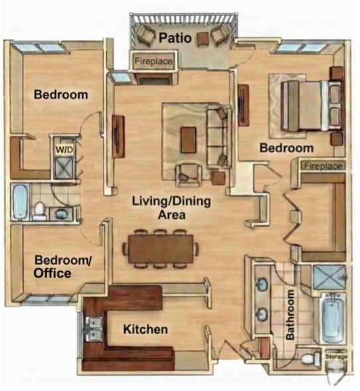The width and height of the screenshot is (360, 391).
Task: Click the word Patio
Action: point(175,38)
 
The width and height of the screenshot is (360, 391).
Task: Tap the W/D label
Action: point(64,150)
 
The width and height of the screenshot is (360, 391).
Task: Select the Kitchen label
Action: point(145,329)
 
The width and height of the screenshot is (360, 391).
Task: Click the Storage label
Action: point(336,356)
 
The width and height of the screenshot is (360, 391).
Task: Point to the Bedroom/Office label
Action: point(63,267)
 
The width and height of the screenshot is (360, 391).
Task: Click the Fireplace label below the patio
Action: point(153,61)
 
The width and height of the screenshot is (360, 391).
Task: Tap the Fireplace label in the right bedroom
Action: point(323,166)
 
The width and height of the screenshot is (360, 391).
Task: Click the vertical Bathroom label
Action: point(290,315)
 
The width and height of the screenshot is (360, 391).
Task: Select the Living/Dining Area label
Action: point(171,207)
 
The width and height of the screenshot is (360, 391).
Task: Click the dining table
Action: point(161,249)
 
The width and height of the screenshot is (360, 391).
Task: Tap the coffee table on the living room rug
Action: point(189,140)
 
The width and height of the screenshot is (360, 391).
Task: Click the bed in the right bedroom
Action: point(312,106)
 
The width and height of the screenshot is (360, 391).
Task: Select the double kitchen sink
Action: point(94,328)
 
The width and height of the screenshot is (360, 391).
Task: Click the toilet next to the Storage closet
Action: point(311,358)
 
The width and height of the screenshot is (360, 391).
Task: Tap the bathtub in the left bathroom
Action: point(20,201)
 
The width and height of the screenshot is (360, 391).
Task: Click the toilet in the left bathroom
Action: point(39,211)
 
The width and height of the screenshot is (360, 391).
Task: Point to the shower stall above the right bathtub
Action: point(329,277)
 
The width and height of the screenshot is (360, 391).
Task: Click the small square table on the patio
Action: point(203,39)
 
